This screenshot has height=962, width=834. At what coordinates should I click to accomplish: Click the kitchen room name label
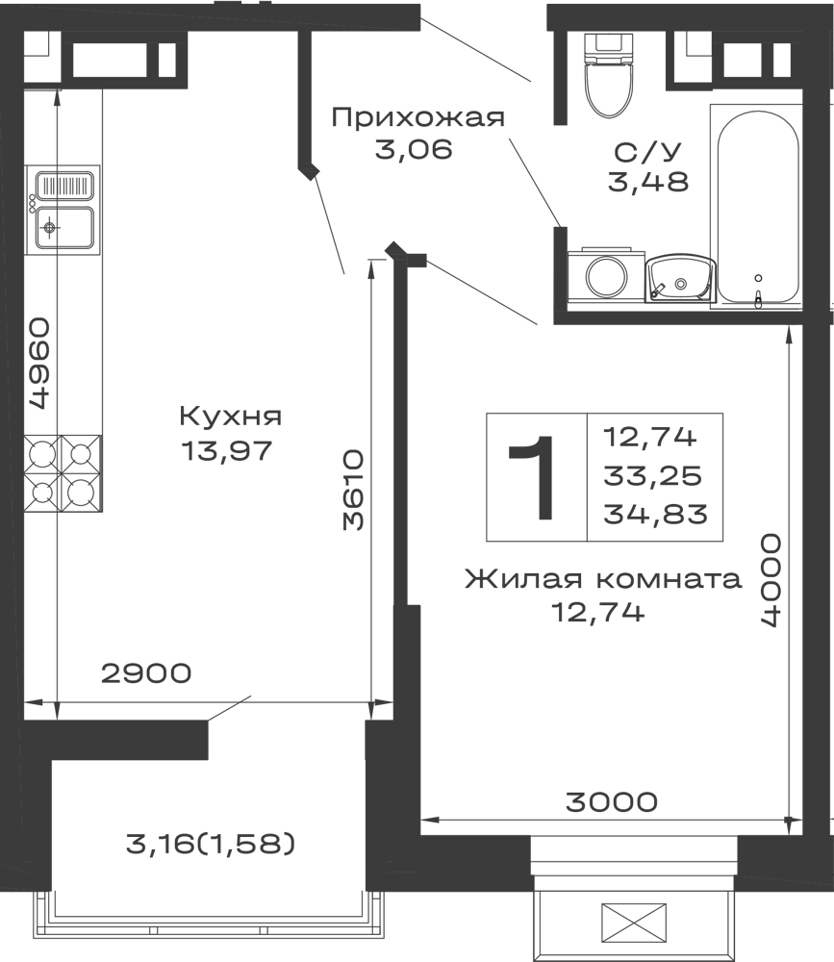(231, 418)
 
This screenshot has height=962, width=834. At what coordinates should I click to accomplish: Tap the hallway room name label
(419, 117)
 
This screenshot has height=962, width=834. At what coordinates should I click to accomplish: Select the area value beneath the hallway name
(411, 150)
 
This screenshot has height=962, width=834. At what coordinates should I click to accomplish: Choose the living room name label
(604, 580)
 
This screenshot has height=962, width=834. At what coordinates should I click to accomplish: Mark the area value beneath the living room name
(596, 612)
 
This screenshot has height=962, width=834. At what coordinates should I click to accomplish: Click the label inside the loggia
(212, 845)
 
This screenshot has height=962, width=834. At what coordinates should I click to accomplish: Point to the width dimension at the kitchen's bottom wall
(146, 673)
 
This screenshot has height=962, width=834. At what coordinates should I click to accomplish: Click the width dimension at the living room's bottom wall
(611, 797)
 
